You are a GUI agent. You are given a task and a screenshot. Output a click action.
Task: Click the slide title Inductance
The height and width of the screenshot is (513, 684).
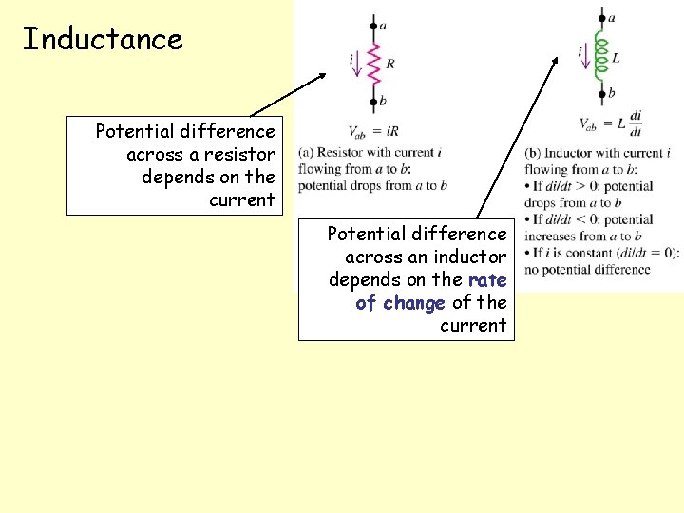click(x=103, y=40)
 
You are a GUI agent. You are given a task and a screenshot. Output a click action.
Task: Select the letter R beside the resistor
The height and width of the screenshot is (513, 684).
click(x=390, y=65)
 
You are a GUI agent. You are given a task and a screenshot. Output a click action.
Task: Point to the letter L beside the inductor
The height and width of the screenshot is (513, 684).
click(x=617, y=58)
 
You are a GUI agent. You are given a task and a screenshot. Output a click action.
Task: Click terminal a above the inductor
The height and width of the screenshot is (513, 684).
click(x=602, y=17)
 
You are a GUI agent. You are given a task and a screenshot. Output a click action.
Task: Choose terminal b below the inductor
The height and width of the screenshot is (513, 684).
click(x=602, y=93)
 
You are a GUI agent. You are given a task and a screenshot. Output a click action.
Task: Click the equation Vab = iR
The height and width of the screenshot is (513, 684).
click(x=373, y=130)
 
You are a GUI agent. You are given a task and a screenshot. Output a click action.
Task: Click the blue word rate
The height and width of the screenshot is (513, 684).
click(x=487, y=279)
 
